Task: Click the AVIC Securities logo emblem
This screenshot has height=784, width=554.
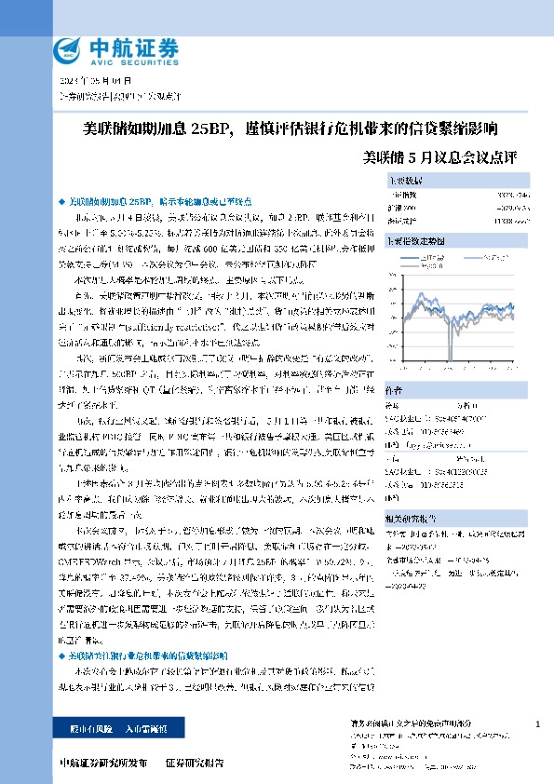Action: point(68,50)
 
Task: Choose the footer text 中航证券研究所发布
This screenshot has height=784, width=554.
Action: point(102,763)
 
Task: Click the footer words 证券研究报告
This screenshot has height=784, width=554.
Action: point(195,763)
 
